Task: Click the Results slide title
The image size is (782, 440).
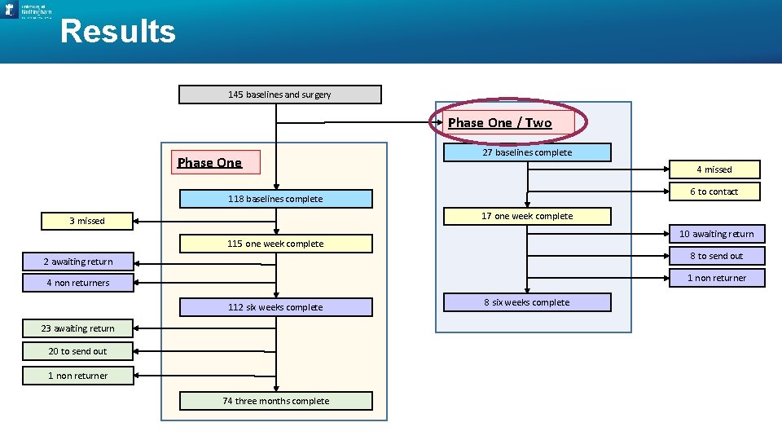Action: pos(118,32)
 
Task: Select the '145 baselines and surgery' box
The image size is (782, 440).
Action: pos(279,95)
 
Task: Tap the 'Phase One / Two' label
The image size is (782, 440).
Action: pos(500,123)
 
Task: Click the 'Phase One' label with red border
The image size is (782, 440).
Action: pos(210,163)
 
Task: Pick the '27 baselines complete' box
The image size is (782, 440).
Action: pos(527,152)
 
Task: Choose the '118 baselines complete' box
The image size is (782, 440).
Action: pos(275,199)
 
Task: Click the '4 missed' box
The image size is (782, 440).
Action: pos(714,169)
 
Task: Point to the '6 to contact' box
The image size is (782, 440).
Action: pos(714,191)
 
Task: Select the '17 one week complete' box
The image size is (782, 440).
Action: pos(527,216)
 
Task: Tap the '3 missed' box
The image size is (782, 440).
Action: pos(87,221)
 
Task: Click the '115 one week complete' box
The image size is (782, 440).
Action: pos(275,244)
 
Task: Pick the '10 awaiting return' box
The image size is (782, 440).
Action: pos(717,234)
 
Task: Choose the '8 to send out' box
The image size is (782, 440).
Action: pos(717,256)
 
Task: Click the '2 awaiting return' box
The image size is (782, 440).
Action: pos(78,262)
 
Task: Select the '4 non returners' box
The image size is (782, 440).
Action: pos(78,283)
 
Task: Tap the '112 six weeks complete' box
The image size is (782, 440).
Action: pos(275,307)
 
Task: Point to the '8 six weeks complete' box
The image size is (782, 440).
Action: pos(527,302)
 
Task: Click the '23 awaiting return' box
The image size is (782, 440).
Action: pos(78,328)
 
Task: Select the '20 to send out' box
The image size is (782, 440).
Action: pos(78,351)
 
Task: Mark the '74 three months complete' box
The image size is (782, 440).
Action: pos(275,401)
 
